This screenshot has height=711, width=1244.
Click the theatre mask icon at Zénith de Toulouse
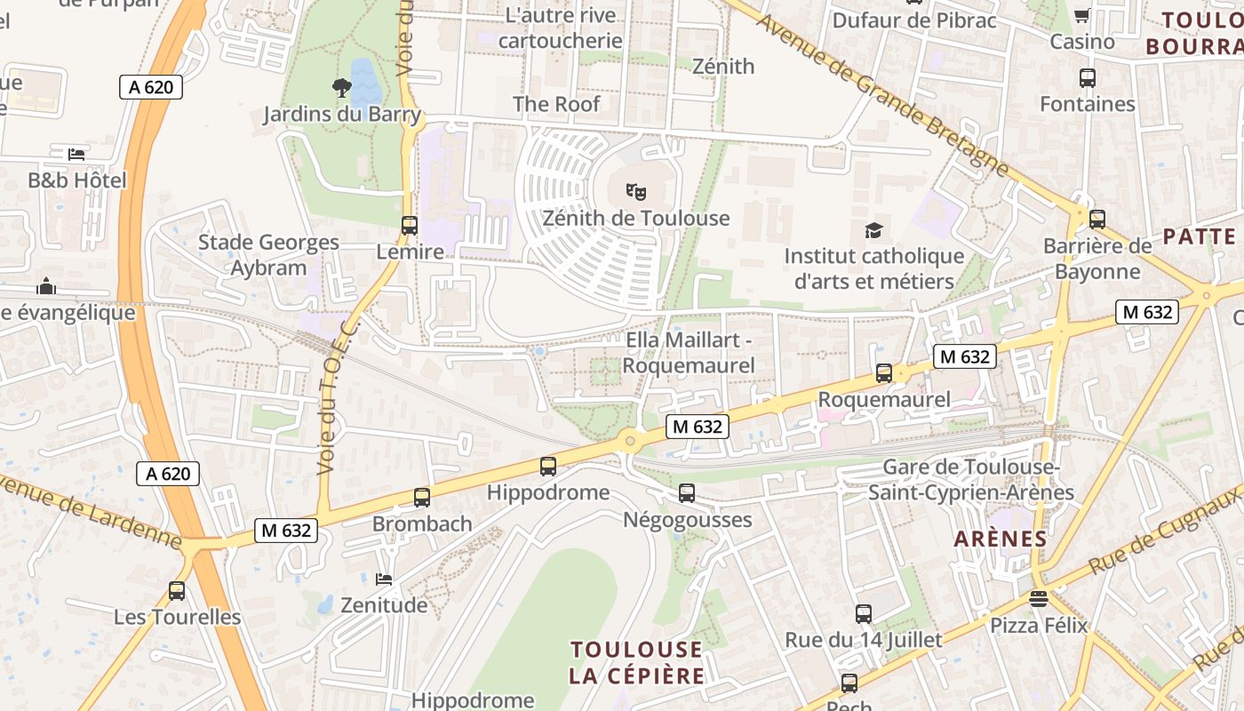point(635,191)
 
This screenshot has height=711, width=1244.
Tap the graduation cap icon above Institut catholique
point(874,230)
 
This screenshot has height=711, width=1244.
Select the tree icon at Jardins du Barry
point(341,87)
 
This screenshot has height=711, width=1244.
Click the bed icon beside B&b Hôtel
point(77,154)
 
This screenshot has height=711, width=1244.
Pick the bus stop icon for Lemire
point(409,226)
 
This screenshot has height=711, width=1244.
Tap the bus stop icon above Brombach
point(422,498)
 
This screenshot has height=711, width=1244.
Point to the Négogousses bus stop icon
point(687,493)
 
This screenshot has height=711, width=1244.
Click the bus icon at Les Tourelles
point(177,591)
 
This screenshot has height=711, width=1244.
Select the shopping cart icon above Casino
point(1082,15)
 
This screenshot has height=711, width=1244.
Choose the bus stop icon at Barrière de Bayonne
point(1097,219)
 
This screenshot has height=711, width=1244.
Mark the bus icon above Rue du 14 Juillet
point(863,613)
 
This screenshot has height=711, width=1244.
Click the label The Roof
point(556,104)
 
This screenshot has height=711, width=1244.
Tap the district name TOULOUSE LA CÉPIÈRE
point(636,662)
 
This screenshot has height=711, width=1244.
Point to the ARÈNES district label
point(1001,539)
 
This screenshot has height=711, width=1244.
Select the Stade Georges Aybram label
point(268,255)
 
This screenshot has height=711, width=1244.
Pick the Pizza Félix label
point(1039,626)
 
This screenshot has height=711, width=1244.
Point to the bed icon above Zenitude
point(384,579)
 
